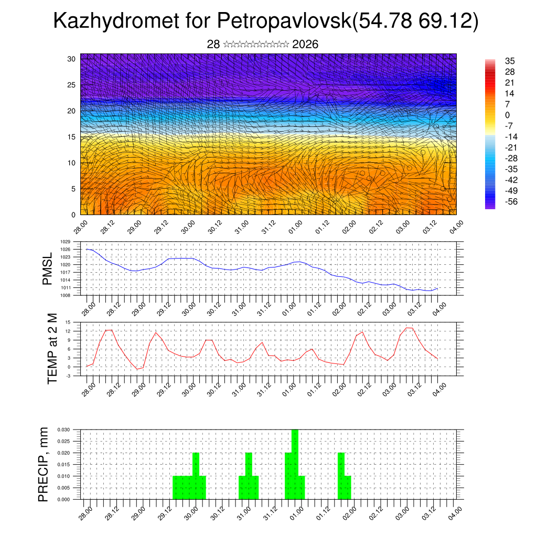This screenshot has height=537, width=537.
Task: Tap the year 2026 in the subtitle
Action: [305, 45]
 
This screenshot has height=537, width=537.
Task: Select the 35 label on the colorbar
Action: [510, 61]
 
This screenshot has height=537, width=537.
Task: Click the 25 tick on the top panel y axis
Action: [72, 84]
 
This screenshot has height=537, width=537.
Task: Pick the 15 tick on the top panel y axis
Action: [72, 137]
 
